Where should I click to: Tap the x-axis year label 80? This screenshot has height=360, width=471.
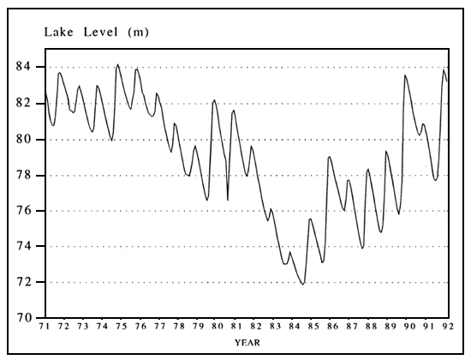[217, 327]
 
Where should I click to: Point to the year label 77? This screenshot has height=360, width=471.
[159, 327]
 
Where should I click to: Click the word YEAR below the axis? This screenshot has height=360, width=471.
[247, 343]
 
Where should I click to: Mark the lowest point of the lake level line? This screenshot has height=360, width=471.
[303, 284]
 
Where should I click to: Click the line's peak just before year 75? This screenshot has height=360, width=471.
[117, 64]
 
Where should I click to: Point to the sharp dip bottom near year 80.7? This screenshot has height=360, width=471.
[228, 200]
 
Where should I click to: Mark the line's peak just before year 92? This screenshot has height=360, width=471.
[444, 69]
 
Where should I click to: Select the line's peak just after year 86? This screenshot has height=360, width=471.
[329, 157]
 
